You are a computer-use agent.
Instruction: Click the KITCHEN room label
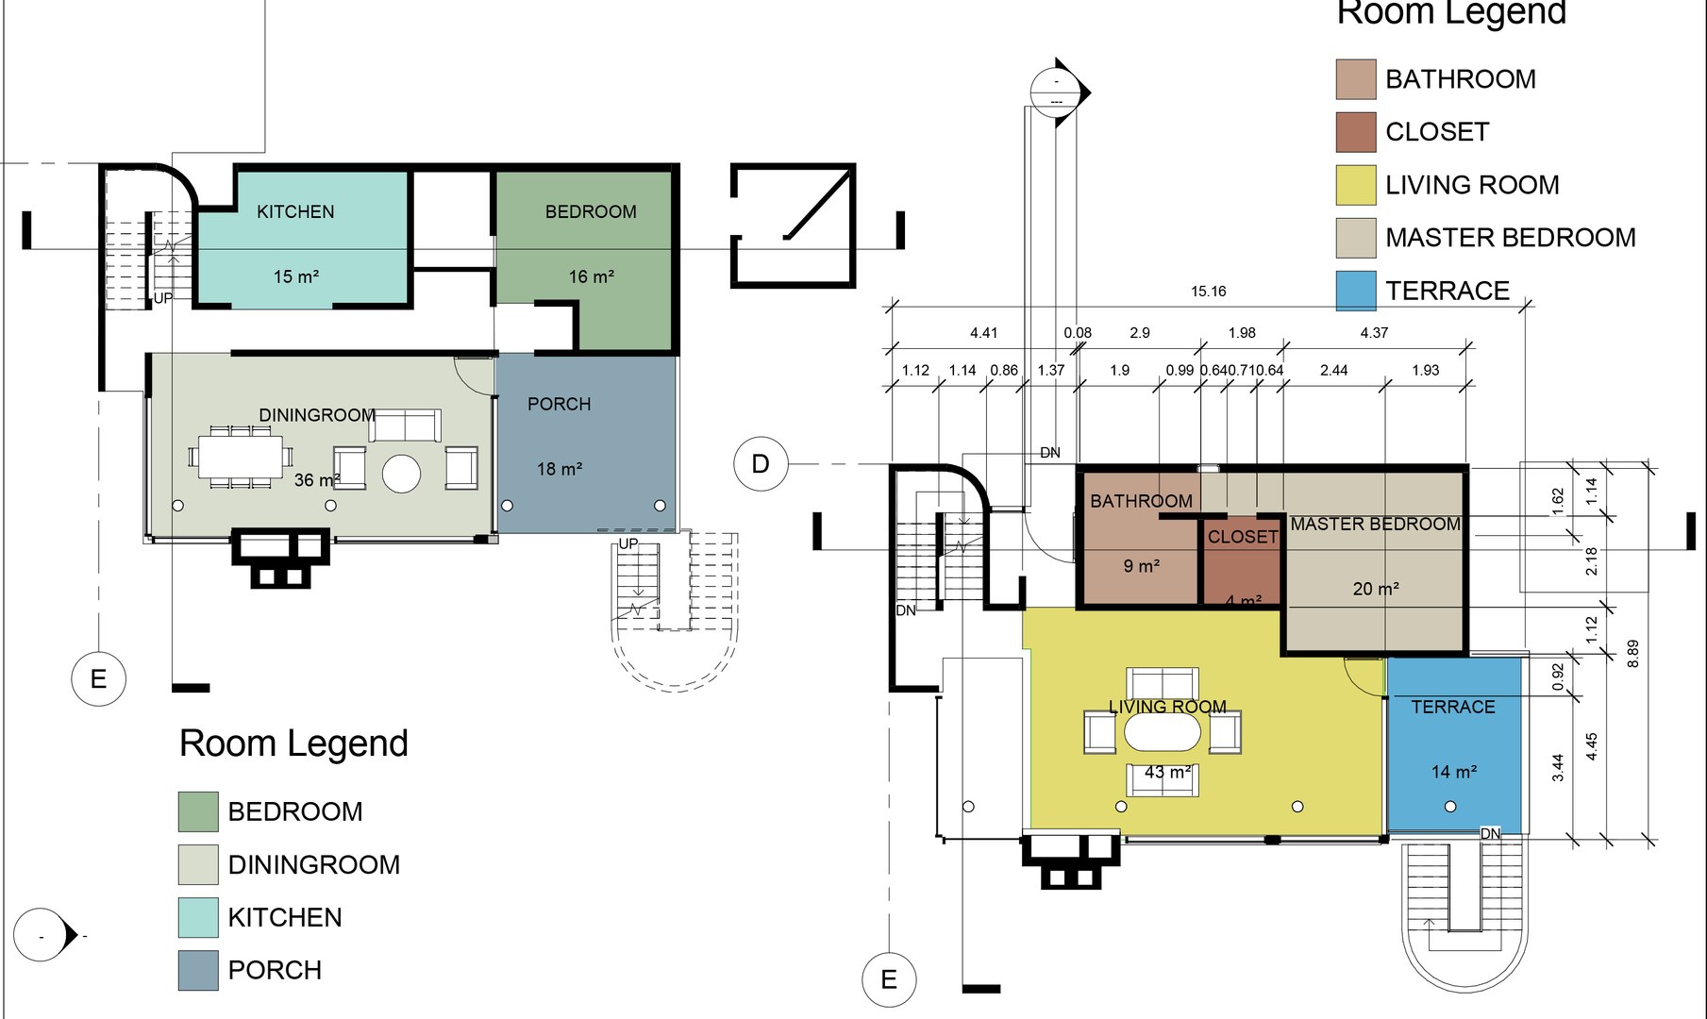[x=295, y=211]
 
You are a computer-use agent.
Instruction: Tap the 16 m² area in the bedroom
[x=591, y=276]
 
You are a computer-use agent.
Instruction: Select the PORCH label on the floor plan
[x=559, y=404]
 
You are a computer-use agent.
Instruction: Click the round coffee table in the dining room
[x=401, y=474]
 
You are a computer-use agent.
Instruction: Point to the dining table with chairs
[x=240, y=457]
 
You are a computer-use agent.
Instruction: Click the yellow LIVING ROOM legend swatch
[x=1356, y=185]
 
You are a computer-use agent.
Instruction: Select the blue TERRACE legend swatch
[x=1356, y=291]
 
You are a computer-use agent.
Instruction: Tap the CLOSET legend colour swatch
[x=1356, y=132]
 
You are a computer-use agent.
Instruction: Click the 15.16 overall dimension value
[x=1208, y=292]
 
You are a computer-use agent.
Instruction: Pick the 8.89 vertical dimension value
[x=1633, y=654]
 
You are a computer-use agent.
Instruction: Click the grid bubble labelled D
[x=761, y=464]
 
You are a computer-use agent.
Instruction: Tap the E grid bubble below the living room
[x=889, y=979]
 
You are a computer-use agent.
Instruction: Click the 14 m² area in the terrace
[x=1453, y=772]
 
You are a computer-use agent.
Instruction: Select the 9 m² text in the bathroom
[x=1141, y=566]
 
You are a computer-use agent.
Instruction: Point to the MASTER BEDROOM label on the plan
[x=1375, y=524]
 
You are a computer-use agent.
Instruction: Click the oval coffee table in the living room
[x=1163, y=732]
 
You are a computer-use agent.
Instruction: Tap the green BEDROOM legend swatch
[x=198, y=811]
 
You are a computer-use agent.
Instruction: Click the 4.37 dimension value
[x=1374, y=333]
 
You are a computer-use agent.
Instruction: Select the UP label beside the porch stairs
[x=628, y=544]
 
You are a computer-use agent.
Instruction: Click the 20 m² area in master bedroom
[x=1375, y=589]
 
